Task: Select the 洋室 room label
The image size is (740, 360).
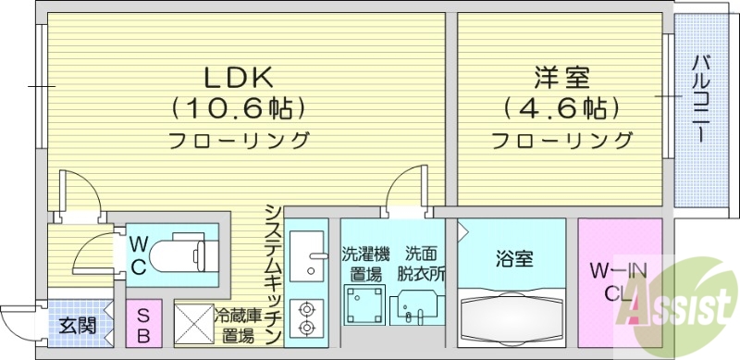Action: [x=561, y=74]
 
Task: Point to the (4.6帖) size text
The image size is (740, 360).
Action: [x=561, y=108]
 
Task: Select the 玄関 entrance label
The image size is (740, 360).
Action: [x=77, y=326]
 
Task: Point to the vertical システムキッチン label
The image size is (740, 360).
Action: [x=272, y=274]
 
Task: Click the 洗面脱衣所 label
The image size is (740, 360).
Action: [x=425, y=264]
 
